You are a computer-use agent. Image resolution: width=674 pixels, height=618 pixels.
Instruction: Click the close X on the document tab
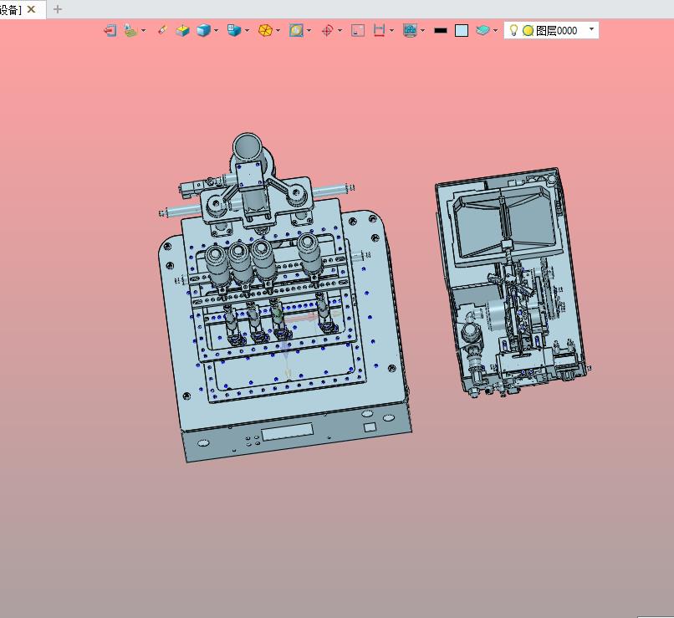point(32,9)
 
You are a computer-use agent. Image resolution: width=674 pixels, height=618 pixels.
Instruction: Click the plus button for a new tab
point(57,9)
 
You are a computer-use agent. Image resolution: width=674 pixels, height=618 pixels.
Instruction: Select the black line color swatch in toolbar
point(441,30)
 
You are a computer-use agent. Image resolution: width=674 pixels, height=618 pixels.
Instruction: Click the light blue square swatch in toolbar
point(462,30)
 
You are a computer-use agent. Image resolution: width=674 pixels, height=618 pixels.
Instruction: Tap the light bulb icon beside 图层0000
point(513,30)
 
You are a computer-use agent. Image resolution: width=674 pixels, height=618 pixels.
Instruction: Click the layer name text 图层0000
point(556,30)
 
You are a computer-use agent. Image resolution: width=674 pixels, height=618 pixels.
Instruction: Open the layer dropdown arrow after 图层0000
point(591,28)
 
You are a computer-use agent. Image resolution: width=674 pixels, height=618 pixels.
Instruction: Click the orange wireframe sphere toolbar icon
point(265,30)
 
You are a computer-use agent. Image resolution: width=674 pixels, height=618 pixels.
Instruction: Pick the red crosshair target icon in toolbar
point(328,30)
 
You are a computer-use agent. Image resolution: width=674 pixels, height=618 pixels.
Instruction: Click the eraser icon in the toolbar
point(162,29)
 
